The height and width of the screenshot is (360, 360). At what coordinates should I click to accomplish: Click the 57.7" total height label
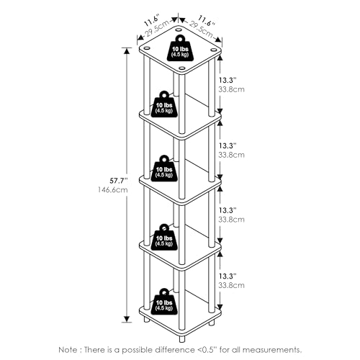click(x=120, y=181)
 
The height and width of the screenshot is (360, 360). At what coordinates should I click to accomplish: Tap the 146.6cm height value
click(x=113, y=190)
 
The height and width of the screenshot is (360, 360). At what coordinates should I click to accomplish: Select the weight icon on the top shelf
click(x=180, y=51)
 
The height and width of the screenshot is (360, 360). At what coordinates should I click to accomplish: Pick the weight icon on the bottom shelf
click(x=164, y=302)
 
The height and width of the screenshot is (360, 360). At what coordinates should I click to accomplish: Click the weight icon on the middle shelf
click(x=164, y=168)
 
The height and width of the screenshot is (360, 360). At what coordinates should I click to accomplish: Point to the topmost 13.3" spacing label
click(x=228, y=80)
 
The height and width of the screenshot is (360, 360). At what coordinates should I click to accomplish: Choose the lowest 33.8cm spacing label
click(x=231, y=285)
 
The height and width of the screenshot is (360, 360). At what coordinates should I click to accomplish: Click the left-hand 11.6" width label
click(x=152, y=21)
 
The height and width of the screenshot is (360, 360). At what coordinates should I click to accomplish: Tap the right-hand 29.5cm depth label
click(x=201, y=30)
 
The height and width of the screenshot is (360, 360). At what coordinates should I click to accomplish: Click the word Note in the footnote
click(x=68, y=350)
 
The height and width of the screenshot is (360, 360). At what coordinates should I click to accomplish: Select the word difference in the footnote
click(x=174, y=350)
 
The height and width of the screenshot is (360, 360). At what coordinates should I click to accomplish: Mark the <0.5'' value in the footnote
click(x=207, y=350)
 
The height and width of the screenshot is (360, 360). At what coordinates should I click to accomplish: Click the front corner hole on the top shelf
click(x=182, y=68)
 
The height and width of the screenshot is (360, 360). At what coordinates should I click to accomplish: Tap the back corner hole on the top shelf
click(x=178, y=30)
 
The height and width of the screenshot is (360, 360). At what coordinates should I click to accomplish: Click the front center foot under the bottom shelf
click(x=182, y=339)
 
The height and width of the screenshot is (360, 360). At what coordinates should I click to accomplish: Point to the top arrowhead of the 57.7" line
click(x=127, y=51)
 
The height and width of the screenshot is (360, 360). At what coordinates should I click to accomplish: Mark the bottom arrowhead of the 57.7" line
click(x=127, y=319)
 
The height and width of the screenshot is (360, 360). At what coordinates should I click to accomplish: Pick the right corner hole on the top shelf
click(x=213, y=50)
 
